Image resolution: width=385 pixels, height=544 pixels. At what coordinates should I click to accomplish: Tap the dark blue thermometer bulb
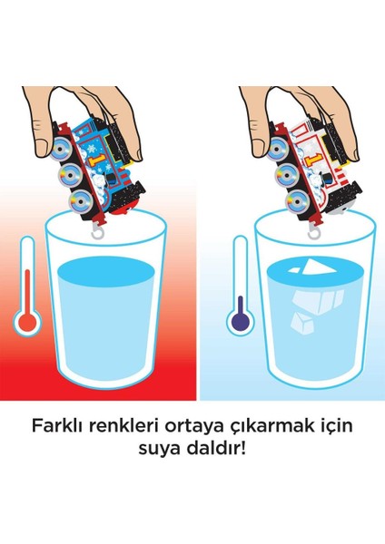tap(239, 323)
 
